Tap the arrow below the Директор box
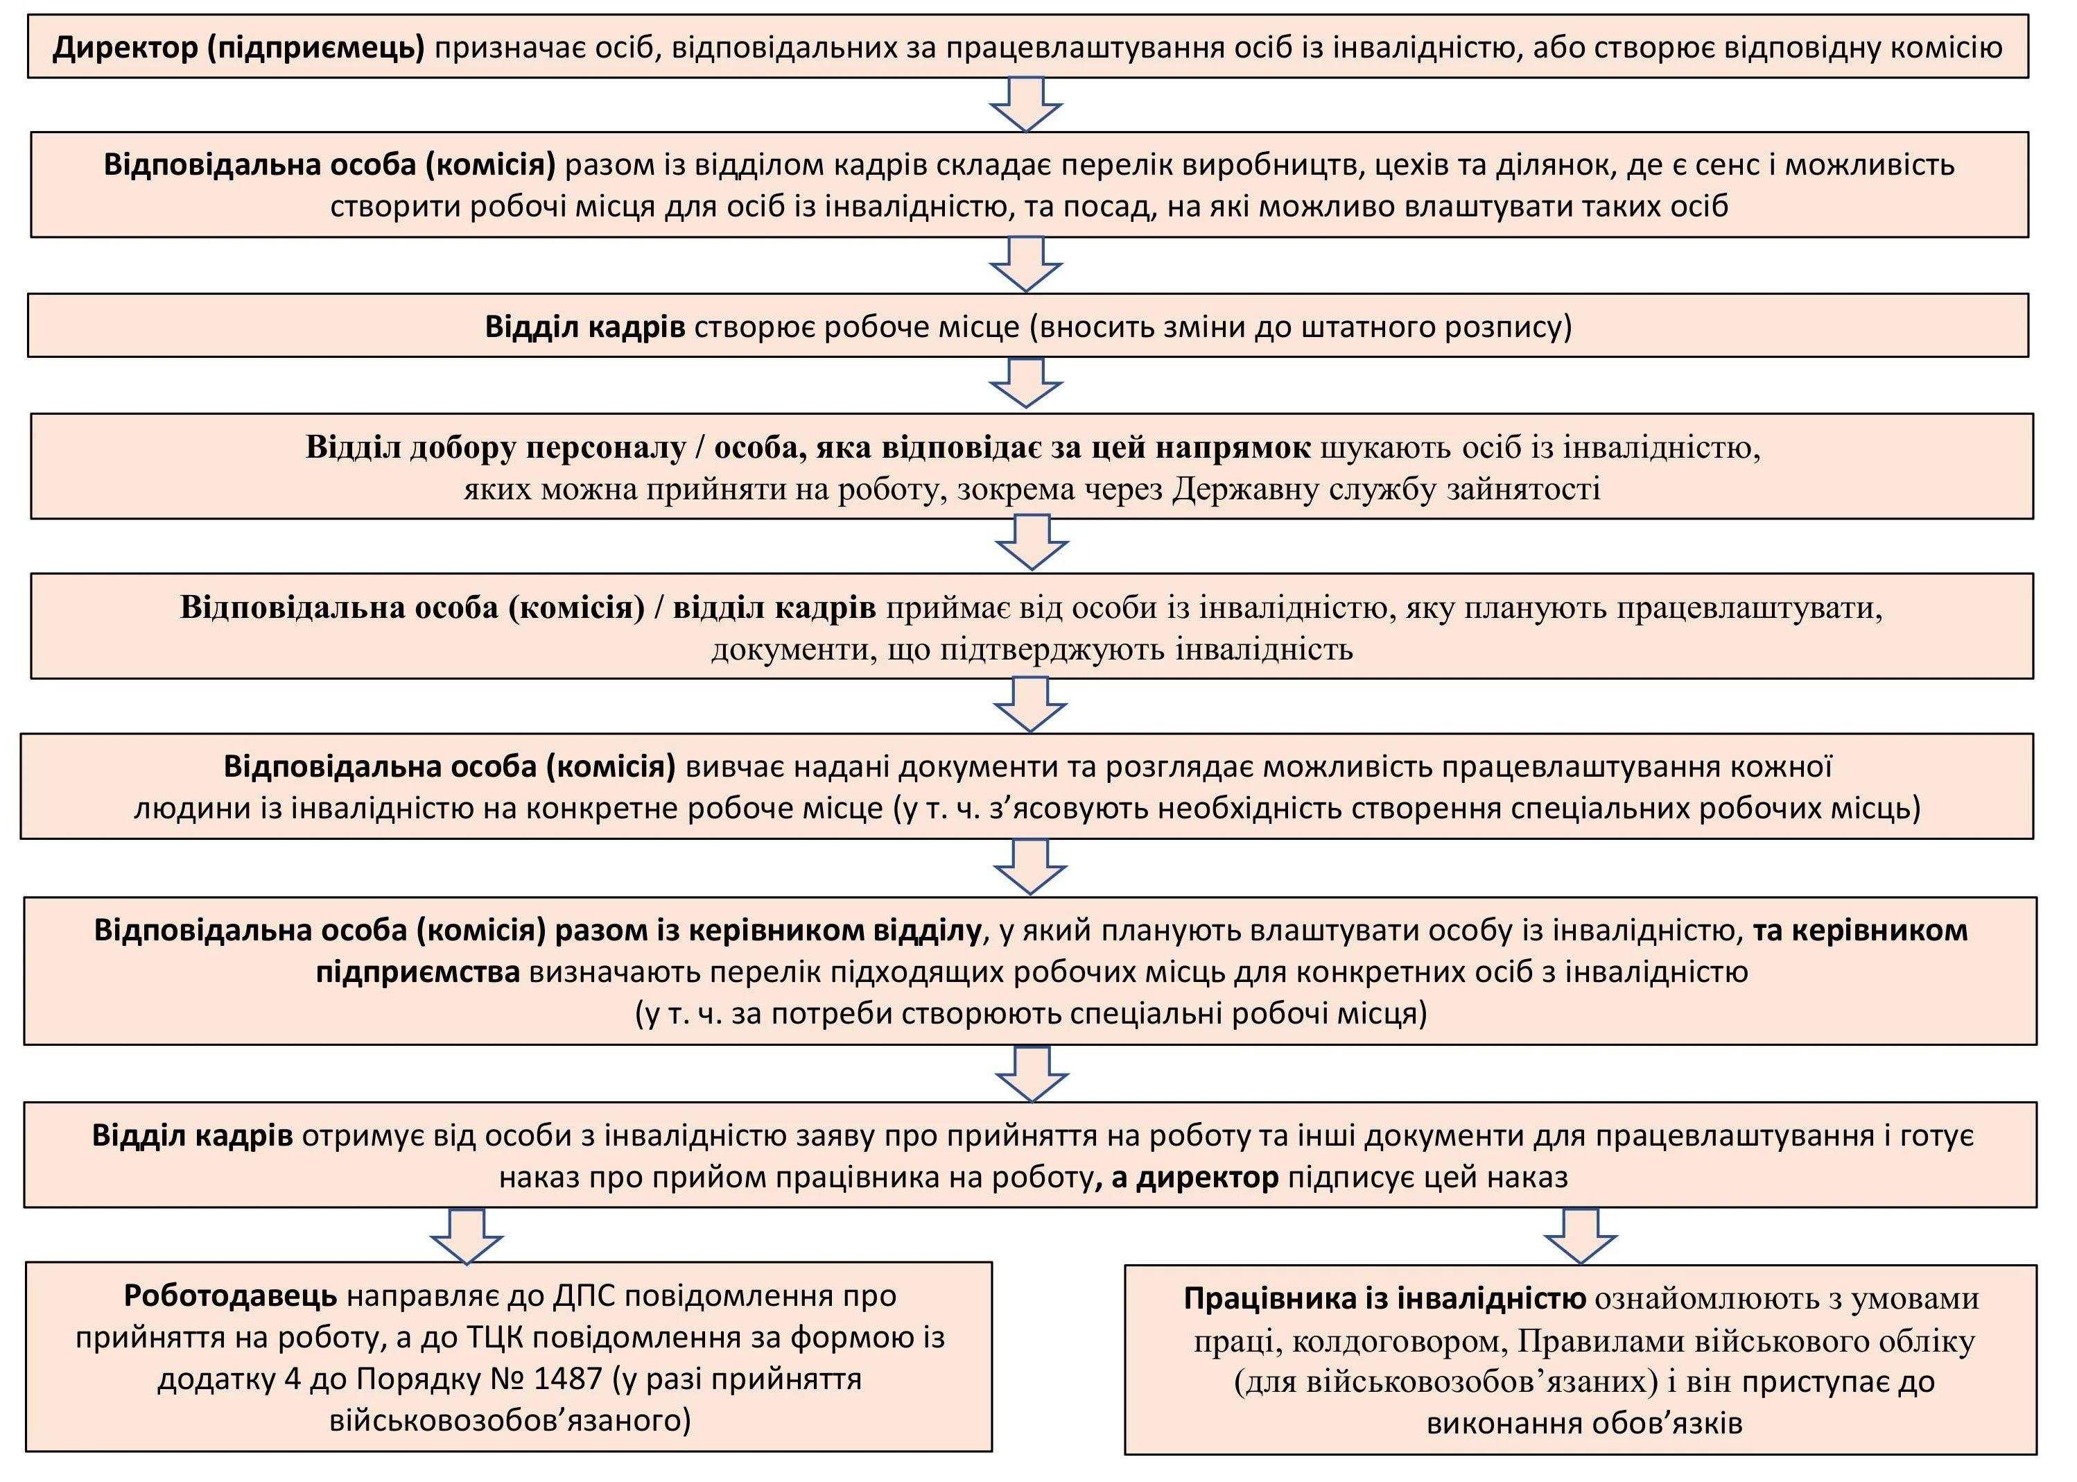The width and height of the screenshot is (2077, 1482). click(x=1025, y=105)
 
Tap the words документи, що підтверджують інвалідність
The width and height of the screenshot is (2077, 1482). click(x=1032, y=650)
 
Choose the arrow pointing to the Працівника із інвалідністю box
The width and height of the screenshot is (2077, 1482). click(x=1580, y=1237)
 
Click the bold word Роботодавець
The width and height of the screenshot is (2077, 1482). click(x=231, y=1296)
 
